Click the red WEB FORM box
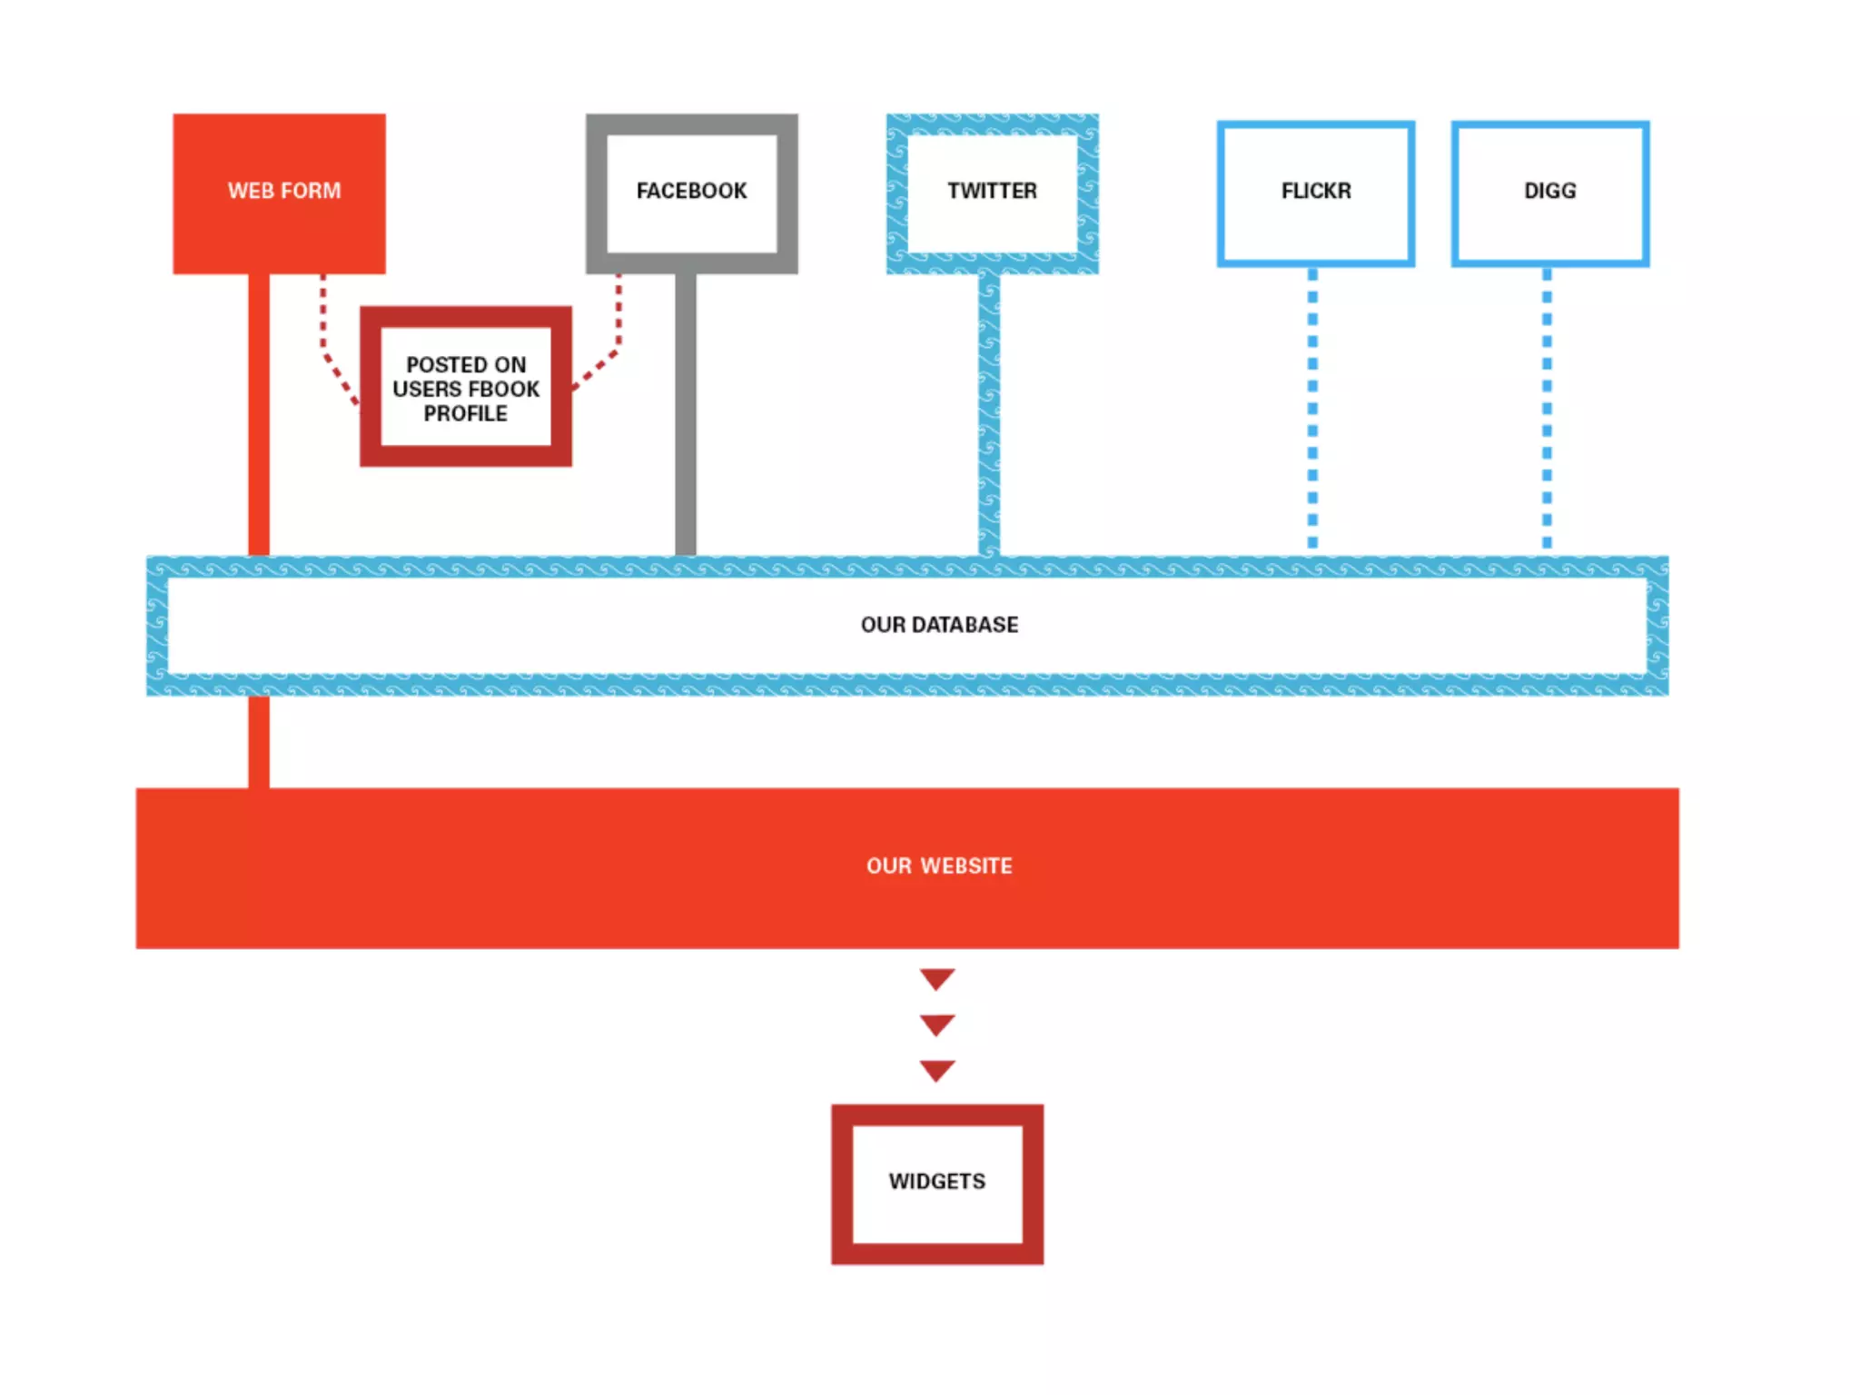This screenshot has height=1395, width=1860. pyautogui.click(x=279, y=193)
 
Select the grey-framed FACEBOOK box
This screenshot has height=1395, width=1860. pyautogui.click(x=691, y=193)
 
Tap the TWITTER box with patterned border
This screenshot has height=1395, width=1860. pyautogui.click(x=992, y=193)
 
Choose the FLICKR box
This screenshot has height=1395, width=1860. pyautogui.click(x=1315, y=193)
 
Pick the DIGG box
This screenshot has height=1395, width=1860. pyautogui.click(x=1549, y=193)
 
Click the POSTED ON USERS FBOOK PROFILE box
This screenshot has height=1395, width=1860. pyautogui.click(x=465, y=387)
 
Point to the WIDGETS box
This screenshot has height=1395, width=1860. pyautogui.click(x=936, y=1182)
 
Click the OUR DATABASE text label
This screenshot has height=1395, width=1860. pyautogui.click(x=939, y=625)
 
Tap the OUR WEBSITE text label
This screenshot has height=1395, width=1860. pyautogui.click(x=939, y=866)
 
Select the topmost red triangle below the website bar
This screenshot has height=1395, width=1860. pyautogui.click(x=936, y=977)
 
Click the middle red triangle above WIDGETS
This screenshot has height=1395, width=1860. pyautogui.click(x=936, y=1024)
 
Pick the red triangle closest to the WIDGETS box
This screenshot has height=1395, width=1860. pyautogui.click(x=936, y=1069)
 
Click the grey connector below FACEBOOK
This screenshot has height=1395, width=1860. pyautogui.click(x=686, y=413)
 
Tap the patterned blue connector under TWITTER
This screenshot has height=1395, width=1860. pyautogui.click(x=989, y=413)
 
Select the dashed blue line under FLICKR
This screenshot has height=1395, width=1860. pyautogui.click(x=1312, y=409)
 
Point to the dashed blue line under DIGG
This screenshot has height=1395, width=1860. pyautogui.click(x=1547, y=409)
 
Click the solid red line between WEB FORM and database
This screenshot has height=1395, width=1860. pyautogui.click(x=259, y=413)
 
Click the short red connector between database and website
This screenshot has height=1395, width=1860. pyautogui.click(x=259, y=741)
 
